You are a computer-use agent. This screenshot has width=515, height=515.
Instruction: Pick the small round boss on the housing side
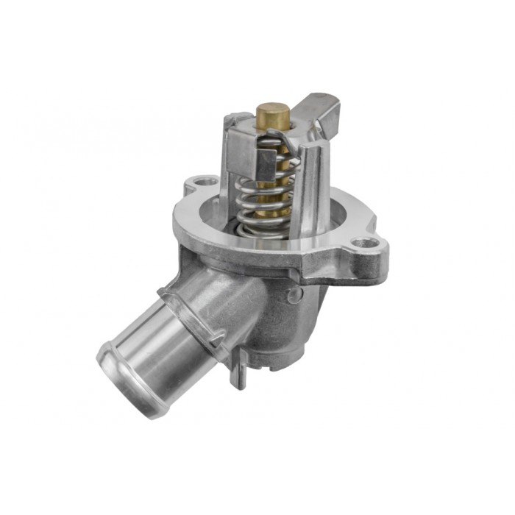(294, 295)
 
